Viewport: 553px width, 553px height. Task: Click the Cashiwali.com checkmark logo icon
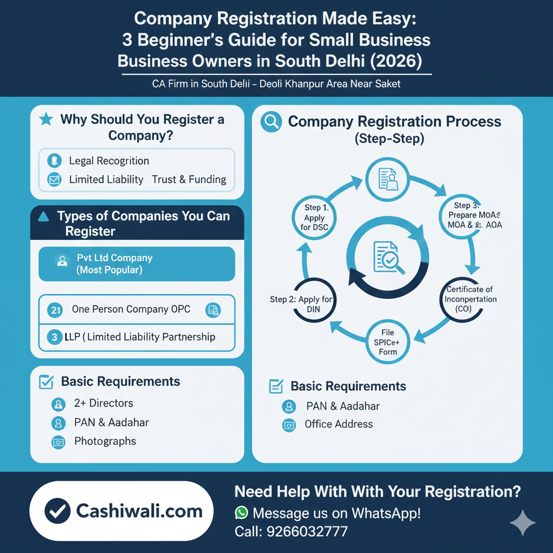coord(57,511)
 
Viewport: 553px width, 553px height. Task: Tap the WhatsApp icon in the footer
coord(241,512)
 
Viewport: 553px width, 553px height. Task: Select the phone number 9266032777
coord(307,531)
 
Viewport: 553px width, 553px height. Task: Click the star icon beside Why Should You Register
coord(46,119)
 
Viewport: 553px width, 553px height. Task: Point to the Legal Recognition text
coord(109,161)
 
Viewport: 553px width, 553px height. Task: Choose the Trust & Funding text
coord(189,180)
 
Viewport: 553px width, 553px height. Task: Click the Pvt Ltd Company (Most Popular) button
coord(137,264)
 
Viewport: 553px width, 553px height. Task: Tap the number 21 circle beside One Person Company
coord(55,310)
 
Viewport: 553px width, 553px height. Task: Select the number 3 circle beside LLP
coord(55,338)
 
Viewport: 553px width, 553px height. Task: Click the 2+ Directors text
coord(103,403)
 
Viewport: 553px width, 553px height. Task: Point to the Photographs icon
coord(58,442)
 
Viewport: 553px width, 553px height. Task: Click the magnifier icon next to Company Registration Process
coord(271,122)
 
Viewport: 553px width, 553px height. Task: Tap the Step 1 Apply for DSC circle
coord(314,218)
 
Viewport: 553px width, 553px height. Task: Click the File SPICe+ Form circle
coord(387,341)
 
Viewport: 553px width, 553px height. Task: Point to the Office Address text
coord(339,424)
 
